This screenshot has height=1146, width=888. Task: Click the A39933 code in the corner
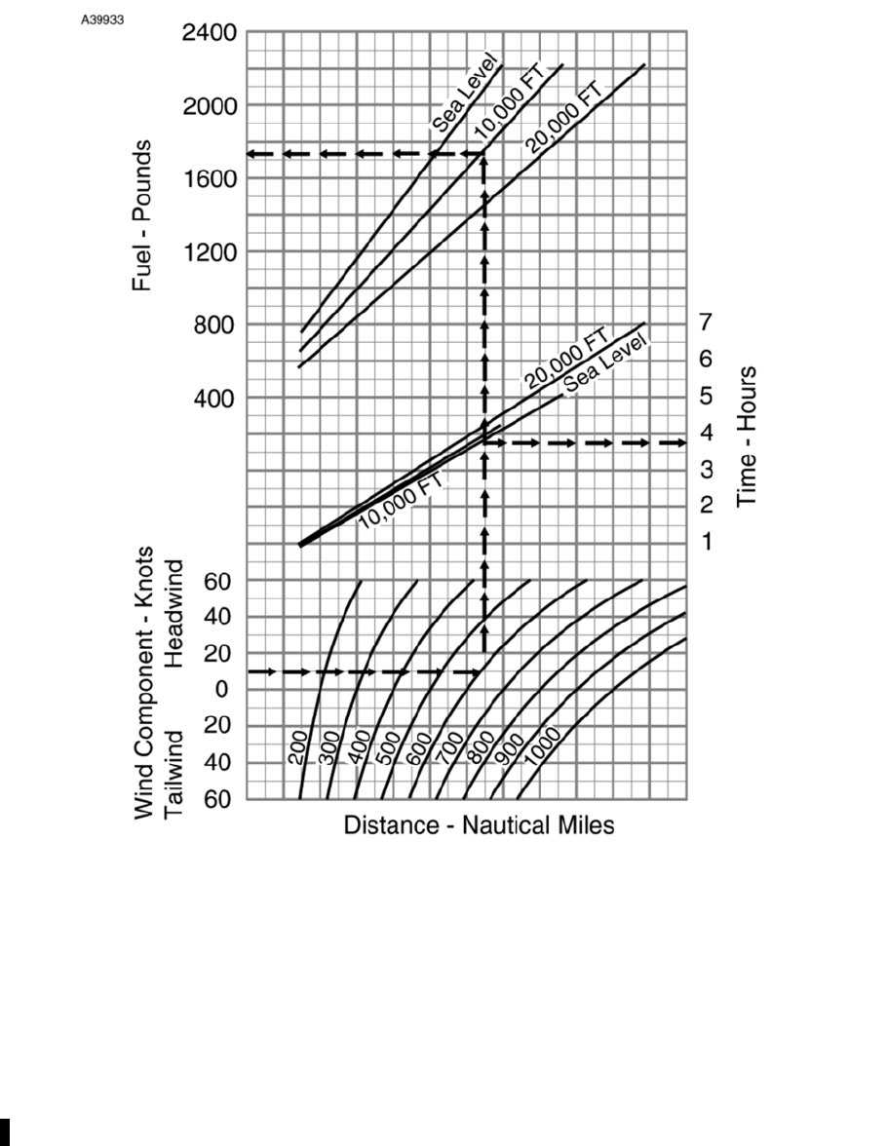(102, 19)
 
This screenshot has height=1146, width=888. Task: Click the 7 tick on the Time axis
(706, 323)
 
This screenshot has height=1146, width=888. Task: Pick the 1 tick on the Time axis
(706, 542)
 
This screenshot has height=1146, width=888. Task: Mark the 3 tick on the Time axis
(706, 469)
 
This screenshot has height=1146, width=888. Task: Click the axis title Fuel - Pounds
(142, 214)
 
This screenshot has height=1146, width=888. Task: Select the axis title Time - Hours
(748, 436)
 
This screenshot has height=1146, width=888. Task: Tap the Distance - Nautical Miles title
(479, 825)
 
